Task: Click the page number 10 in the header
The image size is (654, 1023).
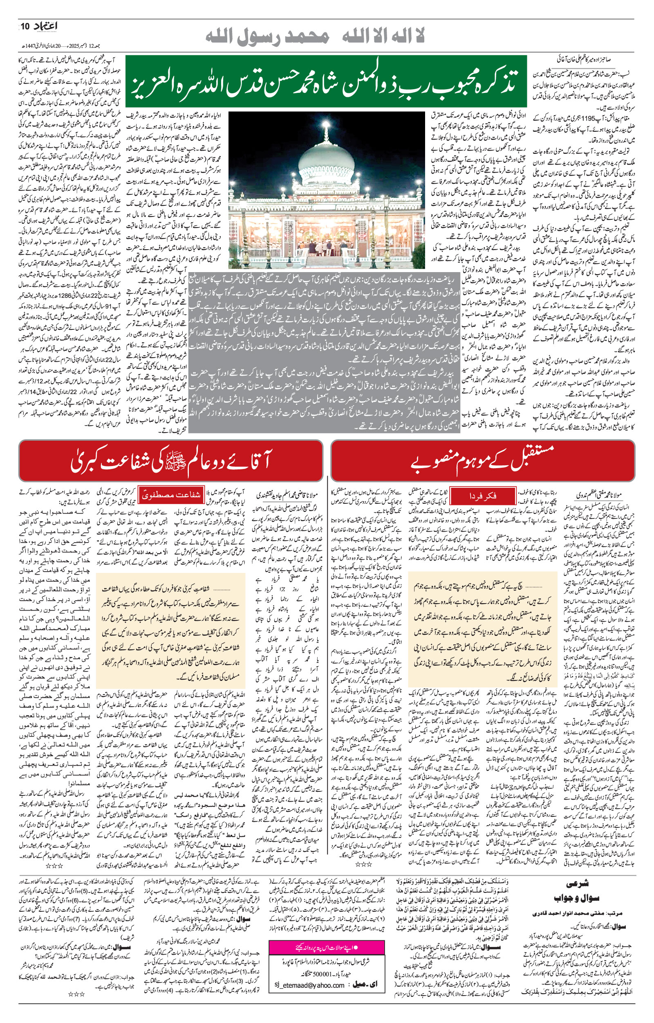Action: tap(25, 27)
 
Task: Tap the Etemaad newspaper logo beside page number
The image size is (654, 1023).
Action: tap(45, 26)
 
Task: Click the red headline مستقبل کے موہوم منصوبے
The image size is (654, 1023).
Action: tap(483, 461)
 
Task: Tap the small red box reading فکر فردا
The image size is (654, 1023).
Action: tap(482, 496)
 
